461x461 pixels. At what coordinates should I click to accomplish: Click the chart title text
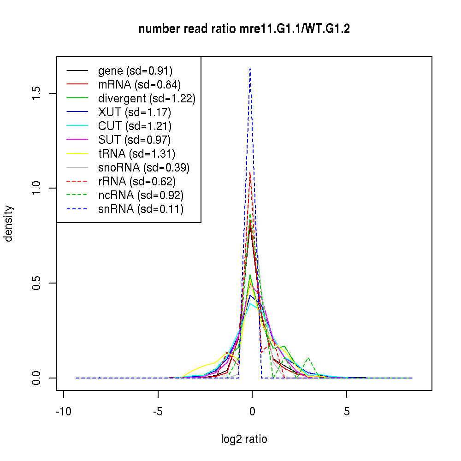tap(244, 29)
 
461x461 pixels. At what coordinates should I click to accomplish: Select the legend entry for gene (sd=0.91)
tap(135, 71)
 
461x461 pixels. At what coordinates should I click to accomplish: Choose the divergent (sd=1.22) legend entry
tap(147, 99)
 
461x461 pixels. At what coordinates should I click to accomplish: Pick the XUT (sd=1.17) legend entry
tap(134, 112)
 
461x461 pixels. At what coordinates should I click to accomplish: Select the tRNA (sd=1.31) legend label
tap(136, 154)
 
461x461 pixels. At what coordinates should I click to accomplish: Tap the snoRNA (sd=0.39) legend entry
tap(144, 168)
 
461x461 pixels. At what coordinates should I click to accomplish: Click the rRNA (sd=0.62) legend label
tap(137, 182)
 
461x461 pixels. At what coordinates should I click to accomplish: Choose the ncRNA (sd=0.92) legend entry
tap(141, 195)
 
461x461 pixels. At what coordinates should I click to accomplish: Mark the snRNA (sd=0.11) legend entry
tap(141, 209)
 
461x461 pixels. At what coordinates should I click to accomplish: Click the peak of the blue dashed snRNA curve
tap(250, 68)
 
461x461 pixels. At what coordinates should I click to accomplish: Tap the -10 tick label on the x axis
tap(63, 412)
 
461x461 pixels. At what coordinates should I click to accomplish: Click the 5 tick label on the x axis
tap(347, 412)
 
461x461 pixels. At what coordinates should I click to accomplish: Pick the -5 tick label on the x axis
tap(158, 412)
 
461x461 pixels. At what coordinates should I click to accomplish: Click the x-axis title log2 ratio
tap(244, 439)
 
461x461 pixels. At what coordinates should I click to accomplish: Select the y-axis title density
tap(9, 224)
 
